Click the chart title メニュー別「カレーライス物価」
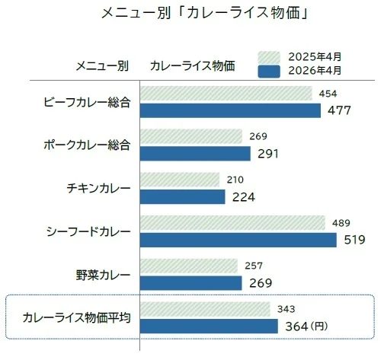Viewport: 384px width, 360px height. point(204,13)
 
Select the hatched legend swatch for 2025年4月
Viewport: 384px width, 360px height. point(269,57)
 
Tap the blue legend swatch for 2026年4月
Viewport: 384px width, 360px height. point(269,72)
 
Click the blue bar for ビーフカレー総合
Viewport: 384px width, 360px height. point(230,110)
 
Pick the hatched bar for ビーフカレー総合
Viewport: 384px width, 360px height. point(226,94)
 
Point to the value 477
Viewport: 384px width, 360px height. point(339,110)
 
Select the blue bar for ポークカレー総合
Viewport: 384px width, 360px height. point(195,154)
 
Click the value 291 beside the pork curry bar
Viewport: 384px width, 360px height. point(268,154)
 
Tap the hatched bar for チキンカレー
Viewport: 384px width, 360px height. point(180,180)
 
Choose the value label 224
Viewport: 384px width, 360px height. point(244,197)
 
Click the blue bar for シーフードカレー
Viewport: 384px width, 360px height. point(238,240)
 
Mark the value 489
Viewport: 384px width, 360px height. point(341,223)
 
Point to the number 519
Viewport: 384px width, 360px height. point(355,240)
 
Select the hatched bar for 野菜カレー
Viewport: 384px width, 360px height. point(189,266)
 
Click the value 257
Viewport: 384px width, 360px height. point(254,266)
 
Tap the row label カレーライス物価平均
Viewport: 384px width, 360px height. point(77,317)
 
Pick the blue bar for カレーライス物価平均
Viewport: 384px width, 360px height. point(209,327)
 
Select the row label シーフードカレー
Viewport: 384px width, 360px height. point(88,231)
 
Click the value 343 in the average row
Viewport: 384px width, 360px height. point(286,309)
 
